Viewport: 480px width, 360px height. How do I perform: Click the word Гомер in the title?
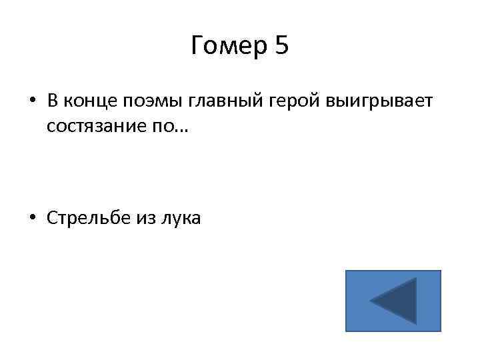click(x=227, y=47)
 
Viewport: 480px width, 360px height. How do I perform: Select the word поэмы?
click(x=148, y=102)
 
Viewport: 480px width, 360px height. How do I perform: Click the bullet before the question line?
click(x=32, y=102)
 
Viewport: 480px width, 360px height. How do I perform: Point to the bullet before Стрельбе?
click(x=32, y=218)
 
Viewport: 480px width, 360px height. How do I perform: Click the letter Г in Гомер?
click(x=197, y=47)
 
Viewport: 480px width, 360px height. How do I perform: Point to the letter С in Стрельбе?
click(x=51, y=218)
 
